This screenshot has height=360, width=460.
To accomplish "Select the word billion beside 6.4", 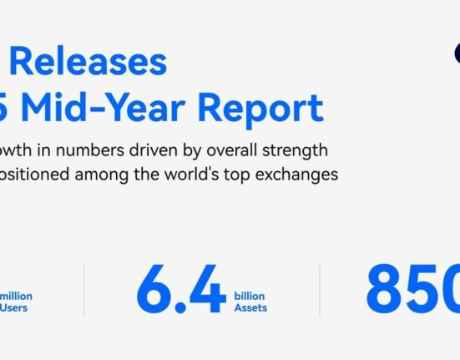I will pos(248,297).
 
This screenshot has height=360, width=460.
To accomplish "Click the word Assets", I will pos(250,309).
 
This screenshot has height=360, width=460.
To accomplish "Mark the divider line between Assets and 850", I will pos(320,291).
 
